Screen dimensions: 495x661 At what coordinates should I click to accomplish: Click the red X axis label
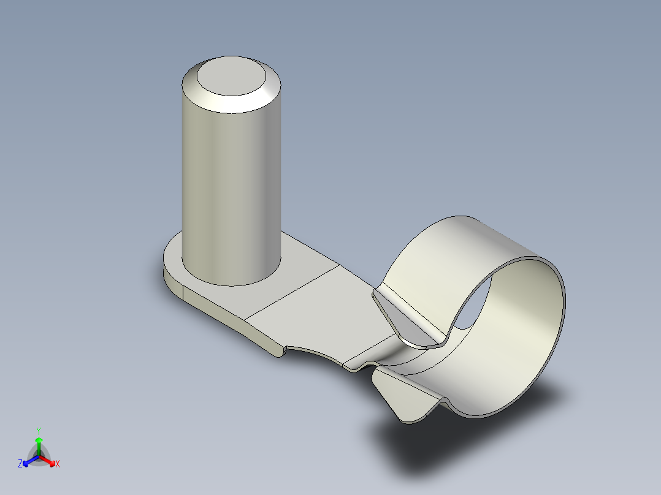point(58,464)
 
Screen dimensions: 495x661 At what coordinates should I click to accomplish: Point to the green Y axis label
point(38,431)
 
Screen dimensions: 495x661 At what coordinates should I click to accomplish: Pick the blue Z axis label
point(20,464)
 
